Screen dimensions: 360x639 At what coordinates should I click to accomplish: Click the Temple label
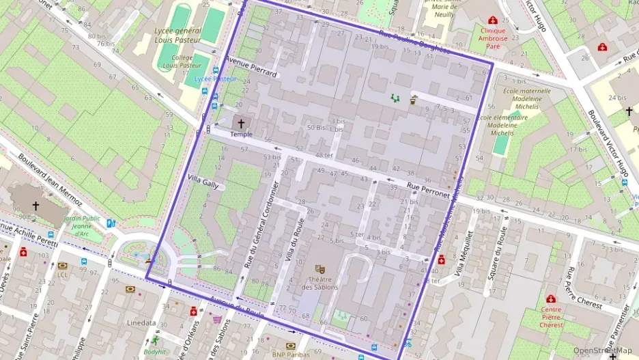tap(241, 135)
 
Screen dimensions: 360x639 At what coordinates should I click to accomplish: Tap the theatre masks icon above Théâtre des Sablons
tap(319, 269)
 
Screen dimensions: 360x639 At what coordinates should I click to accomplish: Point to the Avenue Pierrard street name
tap(252, 66)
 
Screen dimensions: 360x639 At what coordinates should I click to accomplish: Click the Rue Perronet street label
tap(428, 189)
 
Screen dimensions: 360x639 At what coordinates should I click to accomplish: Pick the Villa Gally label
tap(203, 180)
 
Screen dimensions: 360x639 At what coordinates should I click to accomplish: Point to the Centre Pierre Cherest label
tap(550, 316)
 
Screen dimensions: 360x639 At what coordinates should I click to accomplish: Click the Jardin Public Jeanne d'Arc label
tap(81, 226)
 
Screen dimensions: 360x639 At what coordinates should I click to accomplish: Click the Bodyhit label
tap(155, 352)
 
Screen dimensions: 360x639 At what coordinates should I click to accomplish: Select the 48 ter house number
tap(324, 155)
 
